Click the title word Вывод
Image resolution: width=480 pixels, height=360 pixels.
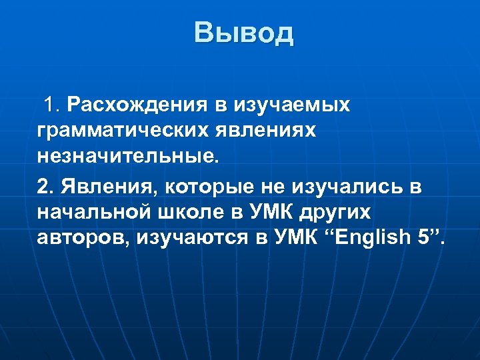click(x=243, y=33)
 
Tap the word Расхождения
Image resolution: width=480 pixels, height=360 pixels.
click(x=137, y=105)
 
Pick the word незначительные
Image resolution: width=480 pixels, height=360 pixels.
click(x=127, y=157)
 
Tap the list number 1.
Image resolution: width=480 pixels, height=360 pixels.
click(x=51, y=105)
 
